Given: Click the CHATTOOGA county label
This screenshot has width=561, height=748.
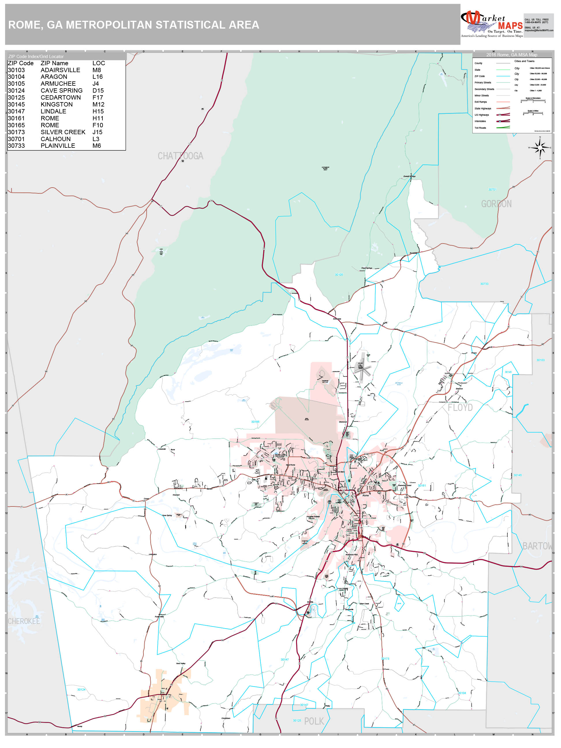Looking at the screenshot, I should pos(180,156).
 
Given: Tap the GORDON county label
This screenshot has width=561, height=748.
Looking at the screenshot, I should pos(496,204).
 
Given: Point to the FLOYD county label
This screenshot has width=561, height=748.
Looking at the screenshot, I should pos(460,407).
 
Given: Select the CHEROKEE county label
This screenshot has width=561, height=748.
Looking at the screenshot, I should pos(24,621).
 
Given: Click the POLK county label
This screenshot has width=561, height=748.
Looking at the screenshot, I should pos(314,721).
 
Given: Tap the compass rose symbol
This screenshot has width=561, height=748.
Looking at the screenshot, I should pos(540,147).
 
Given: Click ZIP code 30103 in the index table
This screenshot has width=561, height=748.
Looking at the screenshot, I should pos(16,70).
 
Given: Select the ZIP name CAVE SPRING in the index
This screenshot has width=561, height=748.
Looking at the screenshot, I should pos(61,91).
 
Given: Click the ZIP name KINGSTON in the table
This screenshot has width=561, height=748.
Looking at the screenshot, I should pos(57,104).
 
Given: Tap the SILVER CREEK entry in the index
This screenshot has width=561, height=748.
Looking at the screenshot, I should pos(63,132).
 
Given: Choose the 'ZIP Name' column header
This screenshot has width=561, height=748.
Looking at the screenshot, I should pos(55,63).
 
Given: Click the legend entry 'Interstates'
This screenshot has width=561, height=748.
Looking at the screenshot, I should pos(480,121).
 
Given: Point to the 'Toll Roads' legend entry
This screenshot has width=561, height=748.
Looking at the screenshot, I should pos(480,128).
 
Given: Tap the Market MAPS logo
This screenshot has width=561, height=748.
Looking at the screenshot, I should pos(491,24).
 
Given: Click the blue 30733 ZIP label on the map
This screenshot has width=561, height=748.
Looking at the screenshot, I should pos(484,284).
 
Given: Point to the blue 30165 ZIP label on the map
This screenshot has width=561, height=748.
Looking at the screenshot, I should pos(255,422).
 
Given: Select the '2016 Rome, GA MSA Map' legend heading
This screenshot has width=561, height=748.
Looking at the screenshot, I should pos(511,55).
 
